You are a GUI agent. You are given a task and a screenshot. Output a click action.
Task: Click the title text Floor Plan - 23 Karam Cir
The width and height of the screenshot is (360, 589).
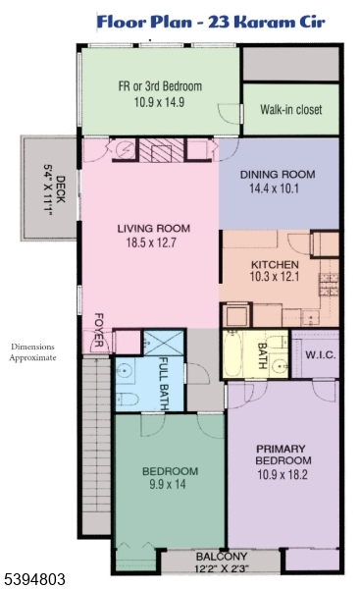tap(211, 22)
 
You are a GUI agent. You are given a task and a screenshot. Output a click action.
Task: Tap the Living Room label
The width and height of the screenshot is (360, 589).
tap(154, 229)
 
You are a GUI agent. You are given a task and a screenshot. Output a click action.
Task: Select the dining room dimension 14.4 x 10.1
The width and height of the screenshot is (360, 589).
tap(274, 188)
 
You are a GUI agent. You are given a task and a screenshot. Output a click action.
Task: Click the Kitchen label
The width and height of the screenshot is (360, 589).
tap(275, 264)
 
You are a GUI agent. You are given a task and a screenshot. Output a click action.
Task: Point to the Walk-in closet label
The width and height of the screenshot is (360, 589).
tap(291, 109)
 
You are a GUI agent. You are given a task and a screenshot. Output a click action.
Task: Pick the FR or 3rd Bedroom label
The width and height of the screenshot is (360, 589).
tap(160, 86)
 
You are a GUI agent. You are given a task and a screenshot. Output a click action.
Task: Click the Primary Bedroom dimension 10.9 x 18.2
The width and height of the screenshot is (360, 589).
tap(283, 475)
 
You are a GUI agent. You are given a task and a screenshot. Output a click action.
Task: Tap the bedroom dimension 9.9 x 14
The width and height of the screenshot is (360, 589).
tap(168, 484)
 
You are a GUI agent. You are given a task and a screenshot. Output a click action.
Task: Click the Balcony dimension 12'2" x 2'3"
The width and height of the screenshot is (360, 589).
tap(222, 568)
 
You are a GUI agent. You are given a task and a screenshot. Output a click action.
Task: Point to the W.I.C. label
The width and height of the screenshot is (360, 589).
tap(320, 355)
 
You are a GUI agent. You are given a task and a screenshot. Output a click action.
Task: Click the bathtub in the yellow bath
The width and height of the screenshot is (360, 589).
tap(232, 354)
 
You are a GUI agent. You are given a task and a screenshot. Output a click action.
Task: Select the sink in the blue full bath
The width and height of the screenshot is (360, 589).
tap(124, 371)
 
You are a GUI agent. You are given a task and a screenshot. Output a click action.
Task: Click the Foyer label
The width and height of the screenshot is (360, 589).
tap(98, 330)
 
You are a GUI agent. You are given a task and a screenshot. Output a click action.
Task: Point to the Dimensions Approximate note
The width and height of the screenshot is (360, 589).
tap(32, 352)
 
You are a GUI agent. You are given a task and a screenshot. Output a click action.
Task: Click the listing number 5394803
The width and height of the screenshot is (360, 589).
tap(33, 579)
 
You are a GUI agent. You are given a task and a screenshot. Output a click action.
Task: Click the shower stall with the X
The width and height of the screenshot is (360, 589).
tap(164, 343)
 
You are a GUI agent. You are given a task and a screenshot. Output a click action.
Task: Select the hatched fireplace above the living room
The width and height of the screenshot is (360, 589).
tap(162, 150)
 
